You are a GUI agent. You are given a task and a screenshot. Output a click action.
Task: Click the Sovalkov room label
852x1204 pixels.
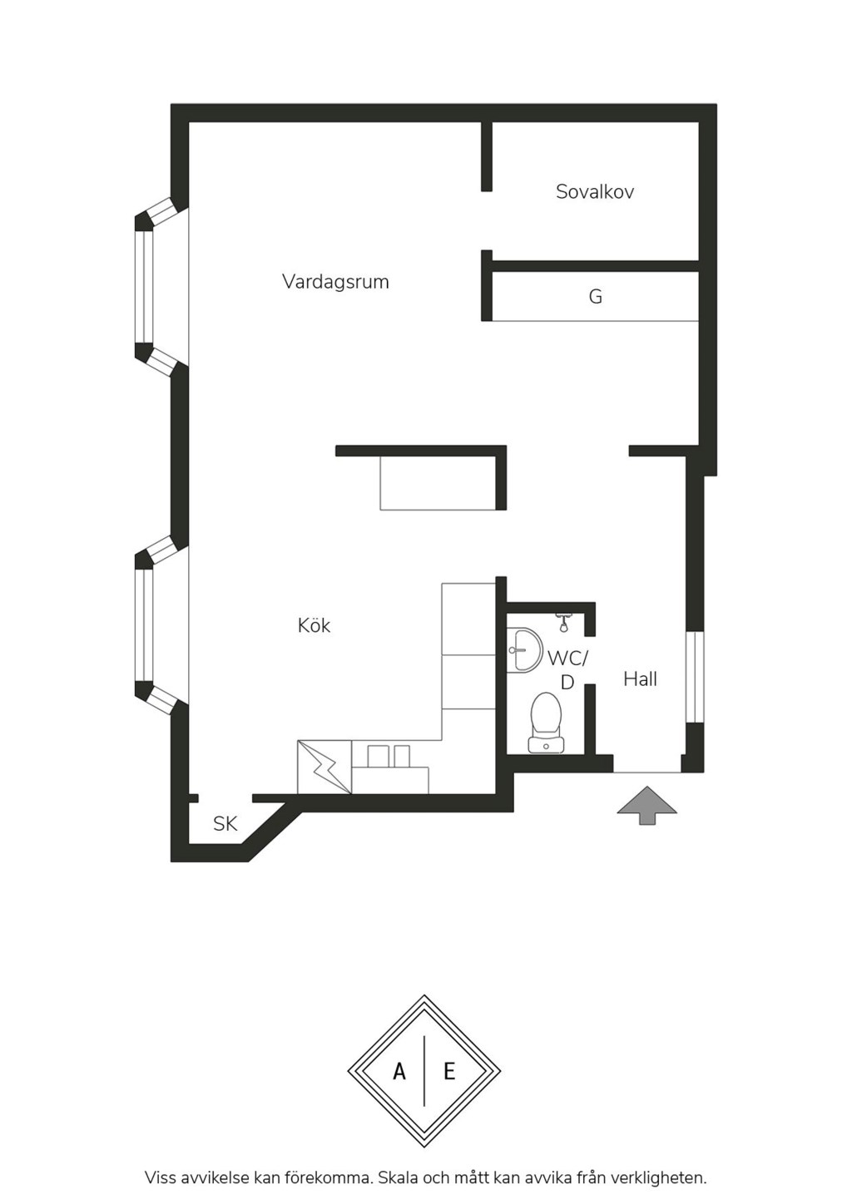595,192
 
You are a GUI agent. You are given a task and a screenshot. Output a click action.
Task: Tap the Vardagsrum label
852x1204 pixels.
335,282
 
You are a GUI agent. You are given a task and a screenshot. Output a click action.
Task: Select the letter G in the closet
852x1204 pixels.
596,297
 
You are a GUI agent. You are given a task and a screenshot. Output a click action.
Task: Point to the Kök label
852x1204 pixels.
315,625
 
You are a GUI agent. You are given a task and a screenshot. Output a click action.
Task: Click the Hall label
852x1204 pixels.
640,679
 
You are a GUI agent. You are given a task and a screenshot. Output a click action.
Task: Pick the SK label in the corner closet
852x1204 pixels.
225,824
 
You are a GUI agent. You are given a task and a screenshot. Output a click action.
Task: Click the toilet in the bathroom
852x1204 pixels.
546,722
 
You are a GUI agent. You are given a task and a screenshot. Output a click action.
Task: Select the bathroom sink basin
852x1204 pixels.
523,650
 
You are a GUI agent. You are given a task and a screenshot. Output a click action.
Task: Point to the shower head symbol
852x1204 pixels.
563,622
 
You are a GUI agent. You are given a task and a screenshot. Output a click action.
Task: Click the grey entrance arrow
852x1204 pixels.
646,805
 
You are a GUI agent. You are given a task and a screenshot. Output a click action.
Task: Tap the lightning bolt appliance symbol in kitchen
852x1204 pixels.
324,767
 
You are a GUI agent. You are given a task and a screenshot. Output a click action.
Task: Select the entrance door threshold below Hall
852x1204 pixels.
647,772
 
